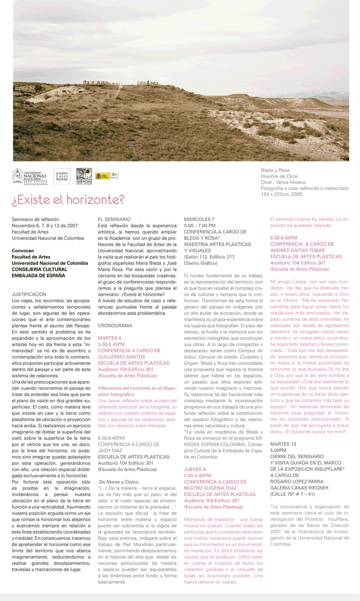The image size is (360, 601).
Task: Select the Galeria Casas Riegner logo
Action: (62, 177)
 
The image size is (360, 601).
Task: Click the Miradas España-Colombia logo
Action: (84, 177)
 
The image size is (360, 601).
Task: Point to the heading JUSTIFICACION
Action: (29, 295)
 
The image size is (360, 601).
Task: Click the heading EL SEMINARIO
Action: (114, 220)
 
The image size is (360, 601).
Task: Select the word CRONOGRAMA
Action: (115, 326)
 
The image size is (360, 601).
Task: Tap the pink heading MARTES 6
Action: (109, 338)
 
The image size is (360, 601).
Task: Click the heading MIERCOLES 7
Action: (200, 220)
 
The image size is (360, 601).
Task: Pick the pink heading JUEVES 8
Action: (195, 469)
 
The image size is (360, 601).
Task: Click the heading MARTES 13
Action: (283, 444)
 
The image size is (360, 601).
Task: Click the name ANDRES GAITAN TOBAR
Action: (297, 250)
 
